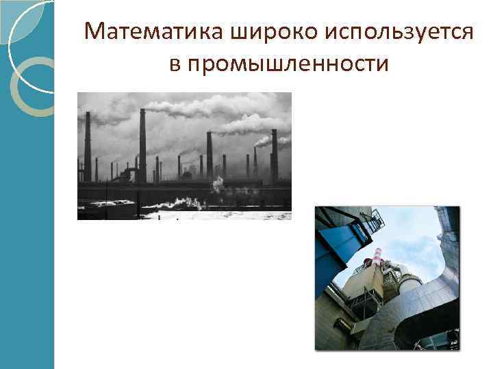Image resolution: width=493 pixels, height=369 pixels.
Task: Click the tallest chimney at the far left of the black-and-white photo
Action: [x=88, y=147]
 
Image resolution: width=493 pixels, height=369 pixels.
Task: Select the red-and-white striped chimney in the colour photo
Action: [x=375, y=260]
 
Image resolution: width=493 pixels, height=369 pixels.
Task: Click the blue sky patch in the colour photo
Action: [x=418, y=239]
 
